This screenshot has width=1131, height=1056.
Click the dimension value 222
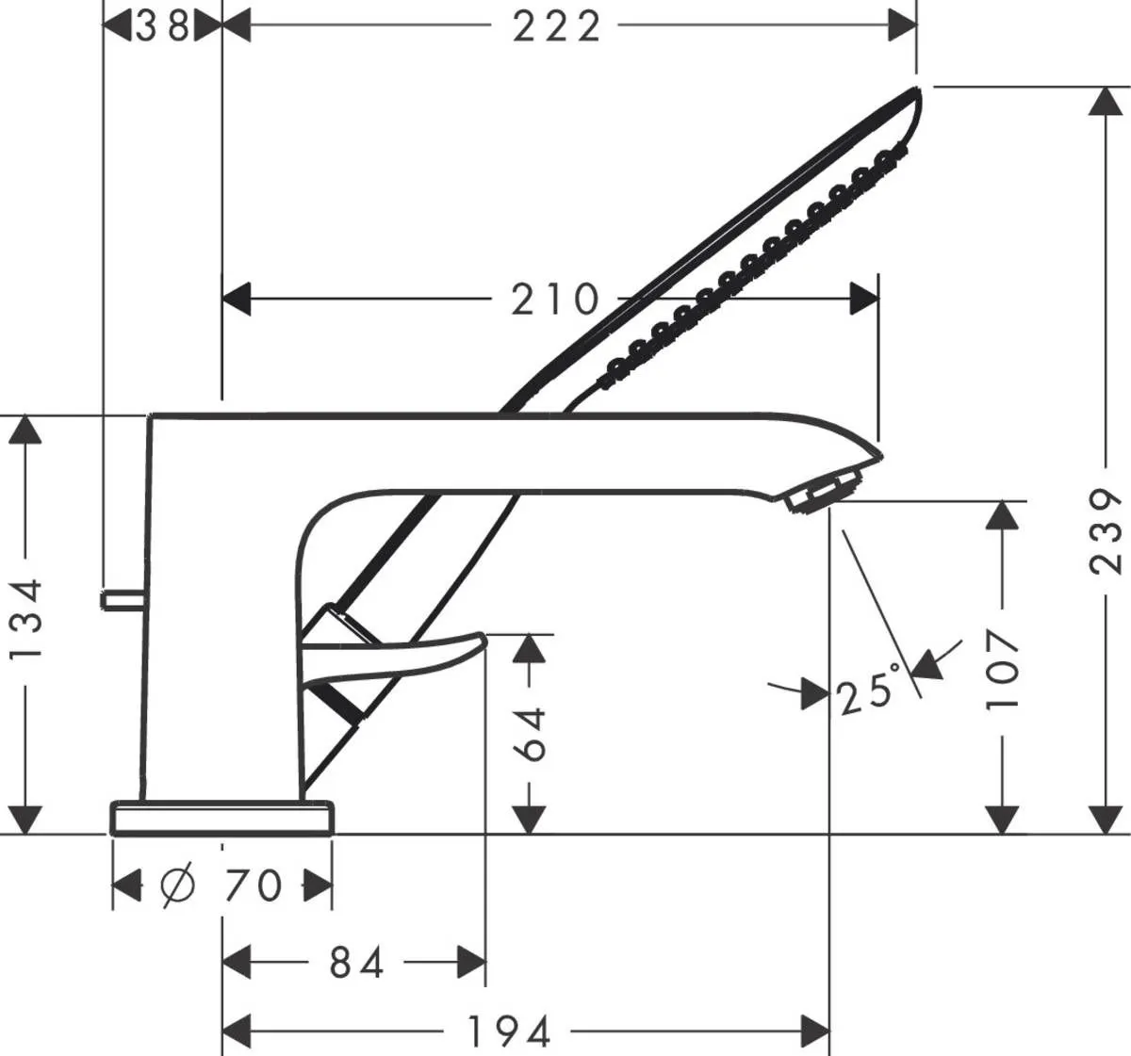(556, 26)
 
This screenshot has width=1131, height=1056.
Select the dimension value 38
(162, 26)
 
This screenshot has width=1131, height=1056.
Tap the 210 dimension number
(555, 300)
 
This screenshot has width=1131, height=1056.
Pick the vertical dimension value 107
(1004, 670)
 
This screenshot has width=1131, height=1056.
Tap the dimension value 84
(356, 963)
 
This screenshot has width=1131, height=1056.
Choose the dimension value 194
(509, 1032)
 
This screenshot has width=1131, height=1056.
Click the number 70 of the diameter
(254, 885)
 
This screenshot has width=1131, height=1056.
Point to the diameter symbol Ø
(178, 885)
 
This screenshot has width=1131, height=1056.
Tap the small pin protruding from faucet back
(122, 599)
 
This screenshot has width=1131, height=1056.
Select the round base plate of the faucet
(222, 818)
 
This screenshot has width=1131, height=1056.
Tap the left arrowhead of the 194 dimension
(237, 1031)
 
